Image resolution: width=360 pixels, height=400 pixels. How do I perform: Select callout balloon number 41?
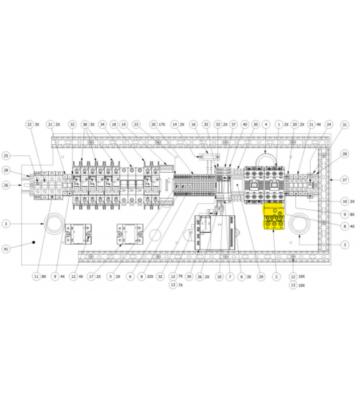(7, 249)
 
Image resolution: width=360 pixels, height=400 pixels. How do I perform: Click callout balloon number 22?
(29, 125)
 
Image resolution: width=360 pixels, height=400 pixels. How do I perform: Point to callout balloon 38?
(85, 125)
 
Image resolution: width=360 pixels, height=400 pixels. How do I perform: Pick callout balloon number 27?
(345, 180)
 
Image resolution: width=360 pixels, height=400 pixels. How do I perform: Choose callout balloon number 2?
(275, 275)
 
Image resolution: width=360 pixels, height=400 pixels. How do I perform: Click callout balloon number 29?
(261, 275)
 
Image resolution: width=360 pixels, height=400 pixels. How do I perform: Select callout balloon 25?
(7, 155)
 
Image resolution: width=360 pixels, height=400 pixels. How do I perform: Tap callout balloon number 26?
(7, 185)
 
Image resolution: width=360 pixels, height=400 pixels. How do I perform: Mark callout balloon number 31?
(345, 125)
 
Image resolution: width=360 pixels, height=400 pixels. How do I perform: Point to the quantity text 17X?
(163, 125)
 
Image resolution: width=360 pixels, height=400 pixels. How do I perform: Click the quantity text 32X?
(150, 275)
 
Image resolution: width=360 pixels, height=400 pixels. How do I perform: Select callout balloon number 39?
(189, 275)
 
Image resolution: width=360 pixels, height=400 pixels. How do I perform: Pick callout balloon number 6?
(131, 275)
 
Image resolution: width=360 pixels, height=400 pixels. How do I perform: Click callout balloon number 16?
(194, 125)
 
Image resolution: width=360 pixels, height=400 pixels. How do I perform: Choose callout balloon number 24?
(329, 125)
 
